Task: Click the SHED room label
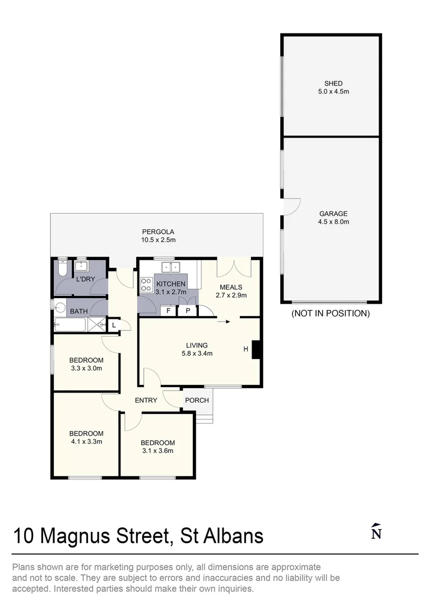tap(333, 83)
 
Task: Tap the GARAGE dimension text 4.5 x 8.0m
tap(333, 221)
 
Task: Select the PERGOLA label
tap(158, 232)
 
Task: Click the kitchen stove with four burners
tap(146, 284)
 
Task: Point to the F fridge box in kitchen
tap(168, 311)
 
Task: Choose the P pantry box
tap(188, 311)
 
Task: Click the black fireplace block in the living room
tap(256, 350)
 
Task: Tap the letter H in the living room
tap(245, 350)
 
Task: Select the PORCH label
tap(197, 400)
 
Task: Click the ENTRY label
tap(146, 400)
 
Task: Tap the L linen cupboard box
tap(114, 325)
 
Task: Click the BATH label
tap(78, 311)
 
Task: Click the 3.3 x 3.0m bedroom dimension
tap(86, 368)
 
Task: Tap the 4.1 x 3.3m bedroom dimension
tap(86, 441)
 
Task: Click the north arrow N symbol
tap(376, 532)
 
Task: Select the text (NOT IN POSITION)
tap(331, 313)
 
